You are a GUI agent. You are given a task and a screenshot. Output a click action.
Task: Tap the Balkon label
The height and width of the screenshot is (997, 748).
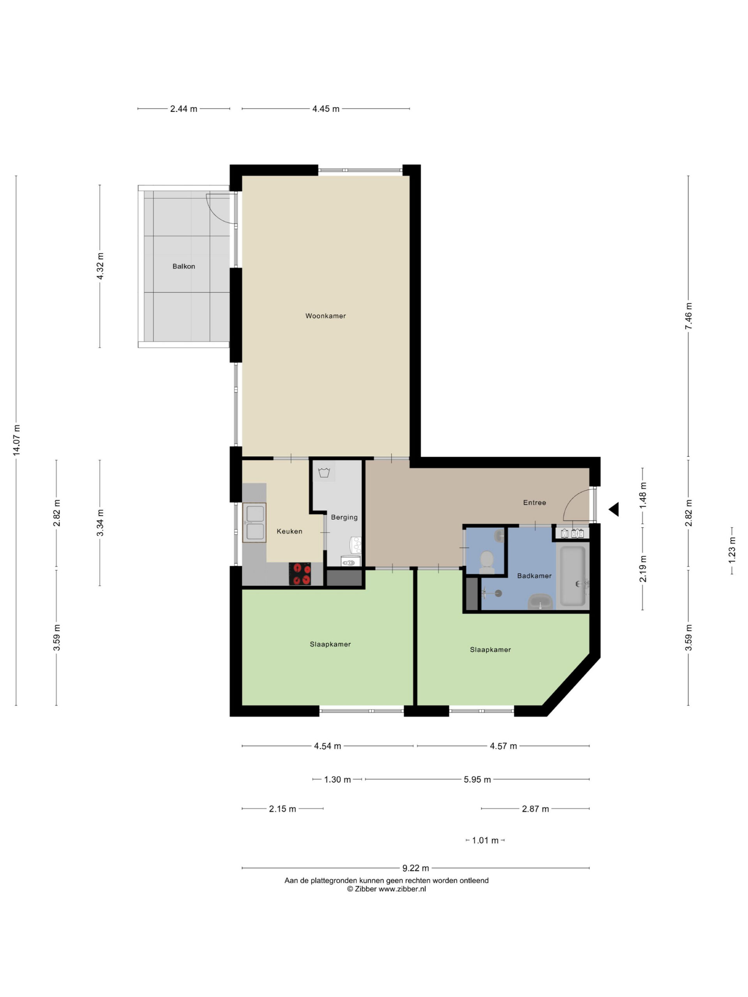pos(183,266)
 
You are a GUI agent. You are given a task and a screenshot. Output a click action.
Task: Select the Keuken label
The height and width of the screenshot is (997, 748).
pos(289,531)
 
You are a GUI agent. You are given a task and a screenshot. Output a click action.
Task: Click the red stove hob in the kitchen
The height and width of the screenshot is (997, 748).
pos(300,574)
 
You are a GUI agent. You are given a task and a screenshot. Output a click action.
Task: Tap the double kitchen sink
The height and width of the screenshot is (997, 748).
pos(254,522)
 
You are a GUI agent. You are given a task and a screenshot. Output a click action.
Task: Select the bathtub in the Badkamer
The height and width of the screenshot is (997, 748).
pos(573,576)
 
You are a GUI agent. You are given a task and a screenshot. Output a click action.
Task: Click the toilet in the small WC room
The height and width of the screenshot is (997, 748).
pos(487,562)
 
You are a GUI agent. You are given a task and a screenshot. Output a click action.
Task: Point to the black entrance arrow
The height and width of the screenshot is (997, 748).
pos(614,509)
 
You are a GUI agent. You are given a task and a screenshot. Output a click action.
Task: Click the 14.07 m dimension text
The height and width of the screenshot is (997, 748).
pos(16,440)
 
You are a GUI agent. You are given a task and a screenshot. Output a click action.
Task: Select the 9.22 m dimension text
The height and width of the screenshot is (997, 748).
pos(416,868)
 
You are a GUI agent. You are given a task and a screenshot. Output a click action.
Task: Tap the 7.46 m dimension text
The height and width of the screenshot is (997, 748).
pos(688,315)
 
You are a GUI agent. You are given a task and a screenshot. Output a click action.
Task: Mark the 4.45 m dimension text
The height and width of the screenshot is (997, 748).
pos(326,109)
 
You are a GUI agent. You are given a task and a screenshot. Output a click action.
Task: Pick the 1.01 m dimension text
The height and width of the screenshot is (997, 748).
pos(485,840)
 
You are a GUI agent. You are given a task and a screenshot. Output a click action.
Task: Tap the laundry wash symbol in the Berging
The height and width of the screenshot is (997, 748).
pos(324,472)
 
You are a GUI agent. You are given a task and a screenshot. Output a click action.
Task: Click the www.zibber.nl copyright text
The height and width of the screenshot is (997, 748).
pos(386,889)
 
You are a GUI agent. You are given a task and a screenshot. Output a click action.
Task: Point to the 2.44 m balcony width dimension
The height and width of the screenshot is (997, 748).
pos(183,109)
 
